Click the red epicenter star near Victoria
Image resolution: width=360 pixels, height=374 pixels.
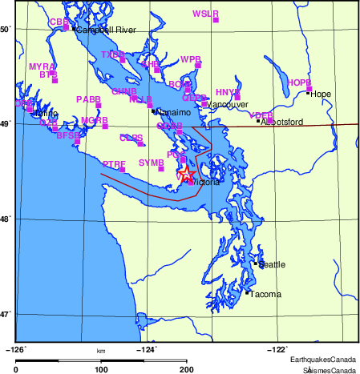pyautogui.click(x=186, y=173)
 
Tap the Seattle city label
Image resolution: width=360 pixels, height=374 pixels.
pyautogui.click(x=270, y=264)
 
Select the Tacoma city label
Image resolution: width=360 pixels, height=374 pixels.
pyautogui.click(x=265, y=295)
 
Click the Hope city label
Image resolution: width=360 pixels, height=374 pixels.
pyautogui.click(x=321, y=94)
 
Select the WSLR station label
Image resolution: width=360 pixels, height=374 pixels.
pyautogui.click(x=205, y=14)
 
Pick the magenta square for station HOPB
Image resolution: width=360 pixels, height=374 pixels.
pyautogui.click(x=309, y=89)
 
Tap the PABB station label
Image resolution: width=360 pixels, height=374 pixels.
pyautogui.click(x=88, y=99)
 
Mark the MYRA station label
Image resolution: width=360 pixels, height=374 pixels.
pyautogui.click(x=41, y=66)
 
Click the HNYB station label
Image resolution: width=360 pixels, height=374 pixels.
pyautogui.click(x=228, y=92)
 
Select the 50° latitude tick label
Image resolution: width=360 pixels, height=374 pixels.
pyautogui.click(x=6, y=30)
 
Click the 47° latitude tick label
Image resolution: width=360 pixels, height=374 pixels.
pyautogui.click(x=6, y=314)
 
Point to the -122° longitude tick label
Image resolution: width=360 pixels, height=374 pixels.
pyautogui.click(x=277, y=348)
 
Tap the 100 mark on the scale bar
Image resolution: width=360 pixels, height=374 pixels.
pyautogui.click(x=101, y=369)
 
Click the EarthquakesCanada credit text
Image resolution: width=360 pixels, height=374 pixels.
pyautogui.click(x=324, y=359)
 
